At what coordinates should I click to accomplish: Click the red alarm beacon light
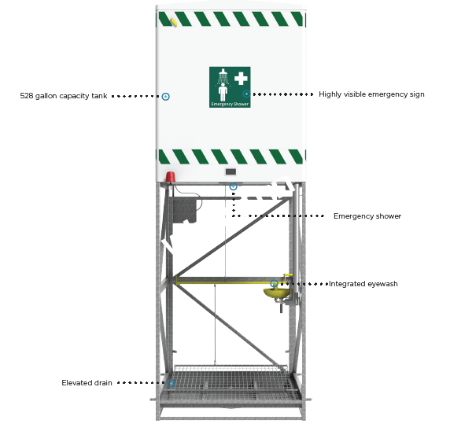point(170,177)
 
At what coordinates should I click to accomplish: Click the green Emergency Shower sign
point(230,87)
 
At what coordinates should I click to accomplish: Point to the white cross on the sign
point(241,79)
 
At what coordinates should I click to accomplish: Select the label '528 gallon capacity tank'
point(64,96)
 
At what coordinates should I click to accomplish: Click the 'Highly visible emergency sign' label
point(371,94)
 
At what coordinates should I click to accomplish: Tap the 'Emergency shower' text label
point(367,216)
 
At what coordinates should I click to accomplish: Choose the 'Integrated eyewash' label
point(363,284)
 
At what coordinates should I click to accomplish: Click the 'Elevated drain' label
point(87,383)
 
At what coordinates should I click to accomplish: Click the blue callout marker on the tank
point(165,97)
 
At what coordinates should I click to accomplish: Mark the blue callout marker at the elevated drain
point(172,383)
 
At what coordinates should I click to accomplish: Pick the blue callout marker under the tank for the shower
point(234,187)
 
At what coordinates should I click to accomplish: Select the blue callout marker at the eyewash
point(275,284)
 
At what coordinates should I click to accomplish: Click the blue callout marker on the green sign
point(246,94)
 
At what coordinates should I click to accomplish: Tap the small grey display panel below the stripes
point(231,171)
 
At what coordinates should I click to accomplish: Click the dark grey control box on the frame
point(185,211)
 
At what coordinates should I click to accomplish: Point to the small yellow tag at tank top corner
point(173,22)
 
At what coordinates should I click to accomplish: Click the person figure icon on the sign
point(223,92)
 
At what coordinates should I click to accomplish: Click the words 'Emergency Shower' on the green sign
point(230,104)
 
